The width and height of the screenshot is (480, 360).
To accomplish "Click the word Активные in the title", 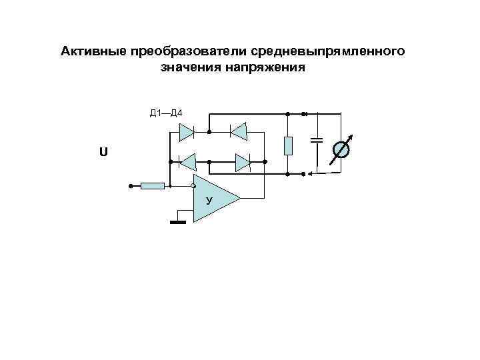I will [x=93, y=51].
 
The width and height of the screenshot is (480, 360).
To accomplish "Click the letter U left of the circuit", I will [x=102, y=153].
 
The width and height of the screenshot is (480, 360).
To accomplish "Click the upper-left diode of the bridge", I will [x=187, y=131].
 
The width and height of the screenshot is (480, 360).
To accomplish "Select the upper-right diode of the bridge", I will [x=239, y=131].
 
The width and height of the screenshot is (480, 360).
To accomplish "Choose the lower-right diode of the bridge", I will [x=242, y=161].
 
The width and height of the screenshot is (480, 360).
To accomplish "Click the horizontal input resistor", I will [x=153, y=185].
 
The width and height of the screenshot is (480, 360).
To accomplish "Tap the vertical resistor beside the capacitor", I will [x=288, y=145].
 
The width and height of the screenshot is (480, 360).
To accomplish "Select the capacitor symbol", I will [x=317, y=140].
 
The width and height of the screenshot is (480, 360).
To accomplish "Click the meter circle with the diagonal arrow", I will [x=340, y=151].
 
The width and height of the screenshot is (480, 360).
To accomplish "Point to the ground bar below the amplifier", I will [x=177, y=222].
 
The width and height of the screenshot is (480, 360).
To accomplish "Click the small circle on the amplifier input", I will [x=193, y=185].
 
